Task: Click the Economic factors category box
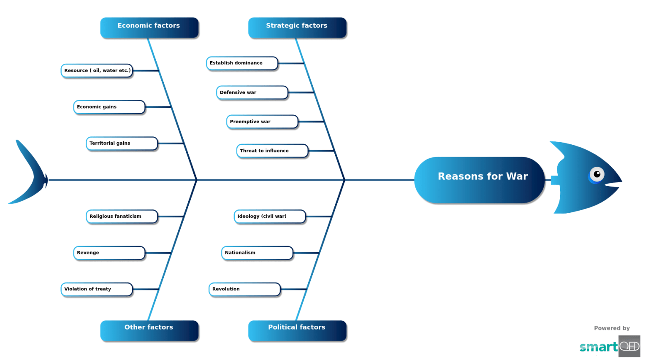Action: pyautogui.click(x=149, y=27)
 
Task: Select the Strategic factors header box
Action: pyautogui.click(x=297, y=27)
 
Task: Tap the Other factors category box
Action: pyautogui.click(x=149, y=330)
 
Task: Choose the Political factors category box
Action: pyautogui.click(x=297, y=330)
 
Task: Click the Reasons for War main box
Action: pyautogui.click(x=479, y=180)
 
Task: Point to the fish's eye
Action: pyautogui.click(x=596, y=174)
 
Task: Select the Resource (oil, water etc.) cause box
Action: pyautogui.click(x=97, y=70)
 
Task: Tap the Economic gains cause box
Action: pyautogui.click(x=109, y=107)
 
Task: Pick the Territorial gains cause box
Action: pyautogui.click(x=122, y=143)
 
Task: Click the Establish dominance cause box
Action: pyautogui.click(x=242, y=63)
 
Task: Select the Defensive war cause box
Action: pyautogui.click(x=252, y=92)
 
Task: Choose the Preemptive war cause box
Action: pyautogui.click(x=262, y=122)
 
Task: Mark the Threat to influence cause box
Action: pyautogui.click(x=272, y=151)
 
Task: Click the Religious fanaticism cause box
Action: pyautogui.click(x=122, y=216)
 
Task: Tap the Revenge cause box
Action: pyautogui.click(x=109, y=253)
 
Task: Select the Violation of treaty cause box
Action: pyautogui.click(x=97, y=289)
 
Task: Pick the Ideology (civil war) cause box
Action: pyautogui.click(x=270, y=216)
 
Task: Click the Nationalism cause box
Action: pyautogui.click(x=257, y=253)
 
